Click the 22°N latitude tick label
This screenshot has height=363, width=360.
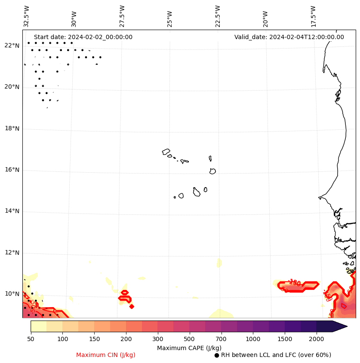point(12,46)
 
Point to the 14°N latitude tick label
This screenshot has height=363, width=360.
point(12,211)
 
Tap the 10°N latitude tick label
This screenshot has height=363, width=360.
point(12,294)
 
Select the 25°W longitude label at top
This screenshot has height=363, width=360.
point(169,18)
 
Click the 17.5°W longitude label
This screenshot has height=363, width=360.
point(313,16)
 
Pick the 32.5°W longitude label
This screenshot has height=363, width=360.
point(27,16)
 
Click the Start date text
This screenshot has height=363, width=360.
point(83,37)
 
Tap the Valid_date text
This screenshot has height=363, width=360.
point(289,37)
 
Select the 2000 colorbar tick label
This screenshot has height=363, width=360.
point(317,339)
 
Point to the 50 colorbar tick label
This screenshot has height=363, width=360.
point(31,339)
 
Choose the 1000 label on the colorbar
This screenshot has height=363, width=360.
point(253,339)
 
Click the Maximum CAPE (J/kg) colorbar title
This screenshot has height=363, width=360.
point(189,348)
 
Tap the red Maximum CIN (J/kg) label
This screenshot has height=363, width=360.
point(106,355)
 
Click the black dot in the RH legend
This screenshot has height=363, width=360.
point(217,355)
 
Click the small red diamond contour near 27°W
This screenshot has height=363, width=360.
point(132,306)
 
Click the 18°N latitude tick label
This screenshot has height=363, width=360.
point(12,129)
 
